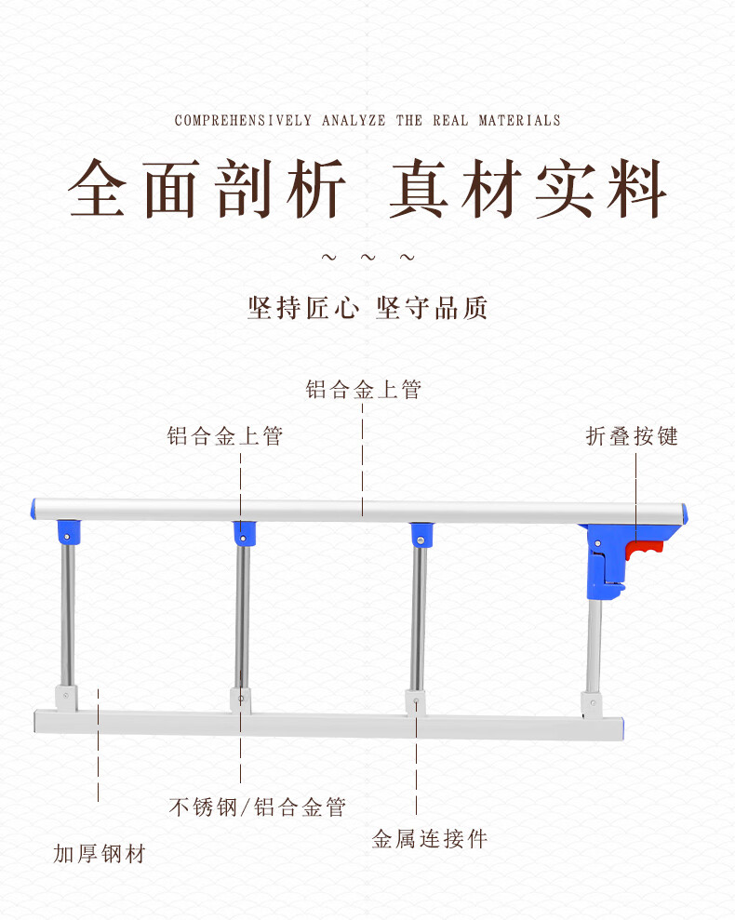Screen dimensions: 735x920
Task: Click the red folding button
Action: click(644, 549)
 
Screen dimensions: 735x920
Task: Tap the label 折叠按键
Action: click(632, 436)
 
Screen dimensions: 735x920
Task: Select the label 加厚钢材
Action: click(100, 853)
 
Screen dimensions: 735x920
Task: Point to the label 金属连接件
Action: click(430, 838)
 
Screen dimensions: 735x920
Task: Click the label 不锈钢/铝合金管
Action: click(257, 807)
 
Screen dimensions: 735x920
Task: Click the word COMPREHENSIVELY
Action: click(243, 120)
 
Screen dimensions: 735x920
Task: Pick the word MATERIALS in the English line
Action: click(519, 120)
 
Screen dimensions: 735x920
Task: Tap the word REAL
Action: click(451, 120)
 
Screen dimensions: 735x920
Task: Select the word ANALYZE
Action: click(354, 120)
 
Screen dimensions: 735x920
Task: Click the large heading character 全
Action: click(98, 188)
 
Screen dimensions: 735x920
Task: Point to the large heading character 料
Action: click(636, 188)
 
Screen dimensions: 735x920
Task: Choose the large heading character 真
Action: click(420, 188)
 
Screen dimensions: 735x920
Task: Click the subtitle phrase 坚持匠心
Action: click(303, 308)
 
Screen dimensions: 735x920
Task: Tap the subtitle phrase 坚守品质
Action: click(432, 308)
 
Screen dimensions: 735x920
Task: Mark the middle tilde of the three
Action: click(368, 257)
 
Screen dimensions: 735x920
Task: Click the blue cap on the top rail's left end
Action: click(33, 509)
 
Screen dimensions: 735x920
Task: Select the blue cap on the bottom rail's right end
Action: click(621, 728)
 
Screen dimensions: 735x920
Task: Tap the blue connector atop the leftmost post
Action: click(68, 533)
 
